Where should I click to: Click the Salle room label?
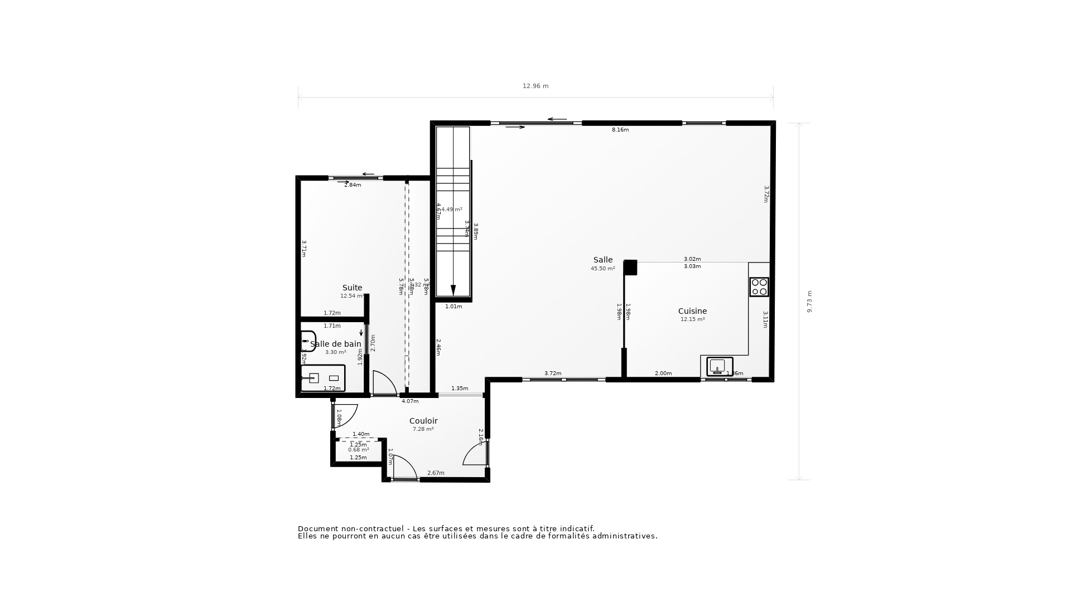tap(602, 260)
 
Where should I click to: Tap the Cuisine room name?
tap(692, 311)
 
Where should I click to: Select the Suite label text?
tap(352, 288)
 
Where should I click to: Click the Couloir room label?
tap(423, 421)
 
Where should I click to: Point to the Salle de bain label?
tap(336, 344)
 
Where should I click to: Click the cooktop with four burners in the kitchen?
tap(759, 287)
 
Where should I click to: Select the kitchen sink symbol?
tap(719, 367)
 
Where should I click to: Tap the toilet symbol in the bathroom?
tap(308, 340)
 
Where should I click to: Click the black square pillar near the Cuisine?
tap(630, 268)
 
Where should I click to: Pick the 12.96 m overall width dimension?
tap(535, 86)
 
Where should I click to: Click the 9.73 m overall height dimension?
tap(809, 301)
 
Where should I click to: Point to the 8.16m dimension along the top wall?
tap(620, 130)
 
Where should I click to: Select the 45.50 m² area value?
tap(602, 269)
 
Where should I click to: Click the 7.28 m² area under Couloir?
tap(423, 429)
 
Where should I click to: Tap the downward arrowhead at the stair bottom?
tap(453, 290)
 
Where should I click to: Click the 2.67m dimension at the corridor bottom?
tap(436, 473)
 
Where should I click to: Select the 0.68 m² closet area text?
tap(358, 450)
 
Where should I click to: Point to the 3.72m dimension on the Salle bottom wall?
tap(553, 373)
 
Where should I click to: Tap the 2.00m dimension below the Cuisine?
tap(663, 373)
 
